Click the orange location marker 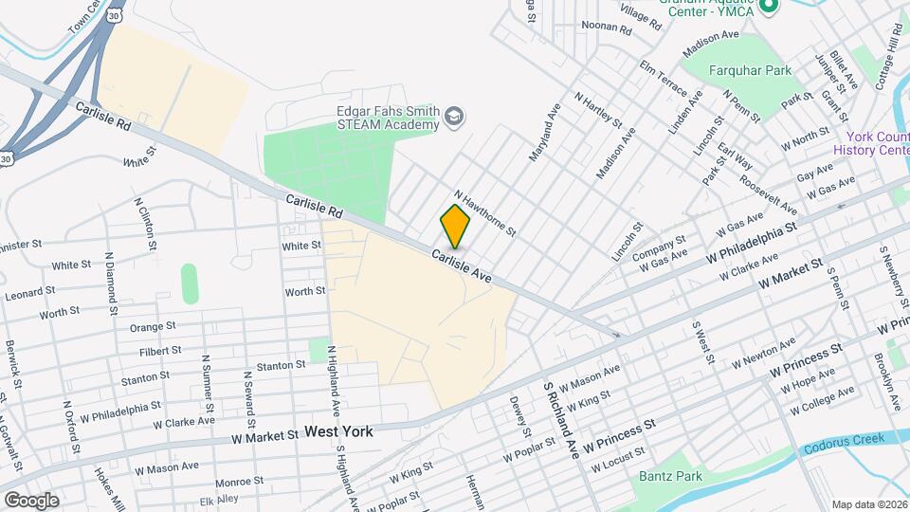[456, 227]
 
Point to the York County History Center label [871, 143]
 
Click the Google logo [30, 500]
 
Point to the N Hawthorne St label [483, 211]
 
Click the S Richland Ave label [561, 421]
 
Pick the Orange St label [154, 326]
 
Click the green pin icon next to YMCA [769, 8]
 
